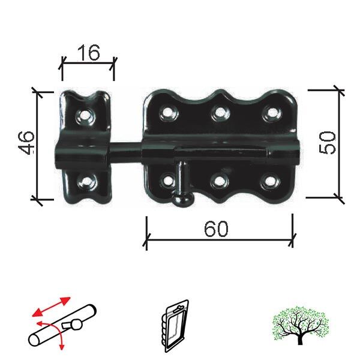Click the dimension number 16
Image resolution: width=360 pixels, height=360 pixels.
(x=89, y=53)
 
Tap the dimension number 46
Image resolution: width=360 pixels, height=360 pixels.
(x=26, y=143)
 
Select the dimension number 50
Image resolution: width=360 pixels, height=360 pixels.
(x=328, y=142)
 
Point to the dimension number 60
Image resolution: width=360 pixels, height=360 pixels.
(x=216, y=229)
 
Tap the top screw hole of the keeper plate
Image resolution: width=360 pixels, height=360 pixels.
(x=86, y=115)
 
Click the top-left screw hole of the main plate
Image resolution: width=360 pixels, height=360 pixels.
(x=168, y=113)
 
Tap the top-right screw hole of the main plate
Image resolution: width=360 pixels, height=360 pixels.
(x=272, y=113)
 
